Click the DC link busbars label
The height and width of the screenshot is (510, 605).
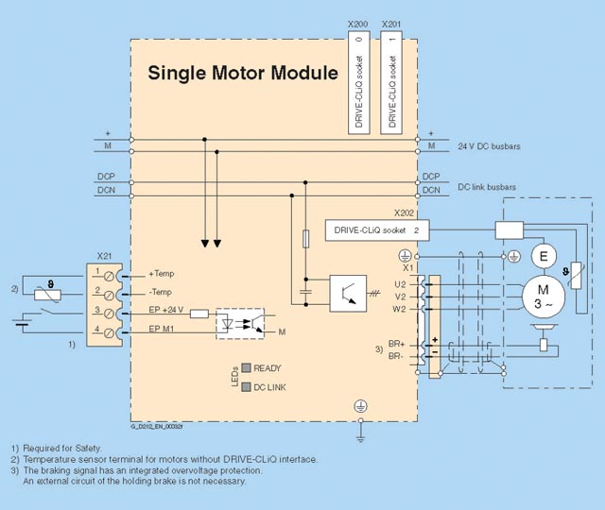click(487, 187)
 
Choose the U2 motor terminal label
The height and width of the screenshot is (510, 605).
click(401, 281)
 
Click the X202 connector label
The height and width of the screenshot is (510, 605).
click(405, 213)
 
